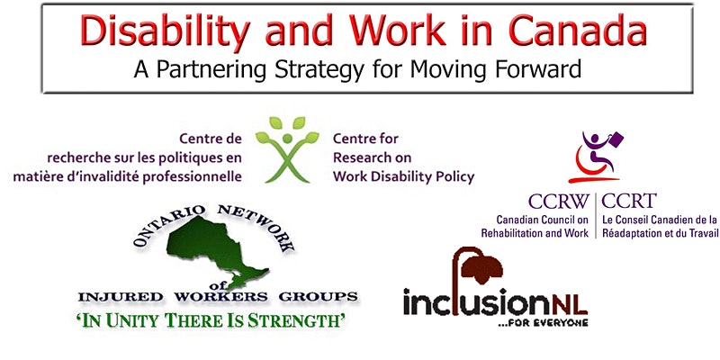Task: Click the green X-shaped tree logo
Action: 287,149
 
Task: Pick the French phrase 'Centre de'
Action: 211,139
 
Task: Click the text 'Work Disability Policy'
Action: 403,176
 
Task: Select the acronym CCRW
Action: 558,201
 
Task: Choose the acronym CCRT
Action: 629,201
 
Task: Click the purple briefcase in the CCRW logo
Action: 616,139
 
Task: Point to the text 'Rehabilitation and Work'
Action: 535,233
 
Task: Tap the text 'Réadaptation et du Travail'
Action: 660,233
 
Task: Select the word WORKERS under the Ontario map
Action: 220,297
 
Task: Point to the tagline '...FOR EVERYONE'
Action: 544,322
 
